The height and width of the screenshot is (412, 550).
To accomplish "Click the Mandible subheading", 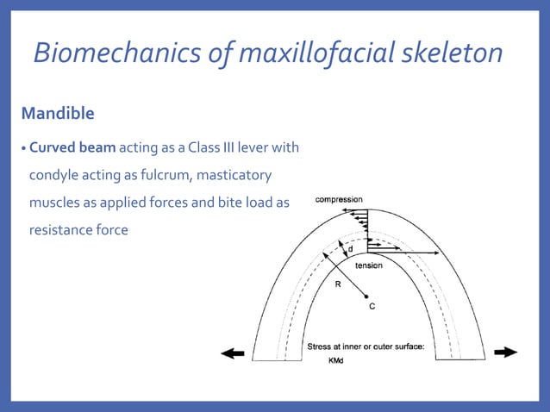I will click(x=58, y=113).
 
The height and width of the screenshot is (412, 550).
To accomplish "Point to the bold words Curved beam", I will click(x=78, y=147).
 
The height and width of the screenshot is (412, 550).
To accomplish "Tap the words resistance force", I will click(x=78, y=230).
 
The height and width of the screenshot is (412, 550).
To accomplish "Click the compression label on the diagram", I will click(x=339, y=200).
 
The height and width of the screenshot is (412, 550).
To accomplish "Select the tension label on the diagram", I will click(x=368, y=265).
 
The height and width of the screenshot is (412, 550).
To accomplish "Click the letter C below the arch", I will click(x=372, y=306).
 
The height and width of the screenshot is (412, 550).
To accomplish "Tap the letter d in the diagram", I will click(x=349, y=248).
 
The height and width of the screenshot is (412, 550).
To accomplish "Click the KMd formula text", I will click(x=336, y=361).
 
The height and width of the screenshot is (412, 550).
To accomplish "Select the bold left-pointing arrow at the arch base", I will click(x=232, y=353).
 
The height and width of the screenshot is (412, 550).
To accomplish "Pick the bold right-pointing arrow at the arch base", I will click(x=505, y=352).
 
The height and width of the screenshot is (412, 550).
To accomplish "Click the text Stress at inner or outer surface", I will click(x=372, y=346).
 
